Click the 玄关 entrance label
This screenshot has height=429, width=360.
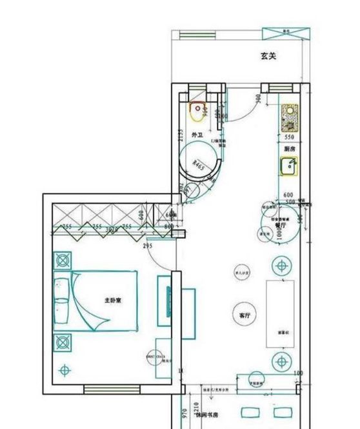pyautogui.click(x=268, y=57)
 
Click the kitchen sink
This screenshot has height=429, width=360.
pyautogui.click(x=288, y=166)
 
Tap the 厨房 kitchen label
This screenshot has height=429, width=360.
pyautogui.click(x=288, y=148)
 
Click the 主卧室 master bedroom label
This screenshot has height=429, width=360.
pyautogui.click(x=114, y=301)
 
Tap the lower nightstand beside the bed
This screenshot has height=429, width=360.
pyautogui.click(x=63, y=341)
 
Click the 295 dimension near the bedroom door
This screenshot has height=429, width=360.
pyautogui.click(x=148, y=246)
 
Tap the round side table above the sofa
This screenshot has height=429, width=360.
pyautogui.click(x=282, y=265)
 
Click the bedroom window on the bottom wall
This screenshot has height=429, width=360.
pyautogui.click(x=112, y=389)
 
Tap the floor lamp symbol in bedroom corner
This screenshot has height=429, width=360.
pyautogui.click(x=63, y=370)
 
